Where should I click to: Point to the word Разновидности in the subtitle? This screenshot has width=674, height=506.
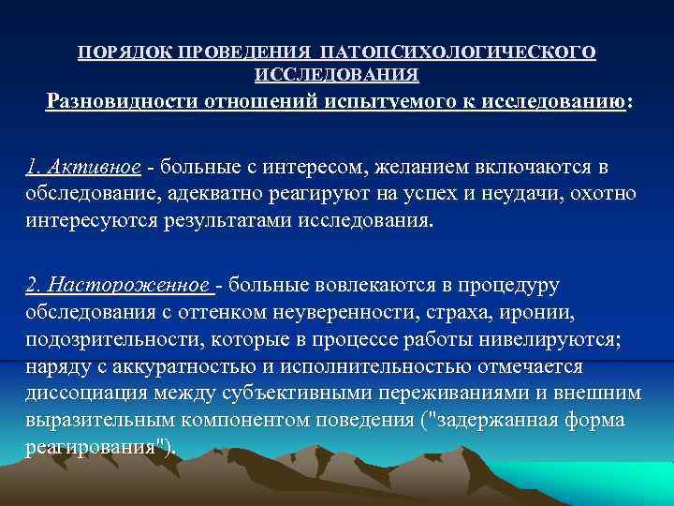tap(125, 100)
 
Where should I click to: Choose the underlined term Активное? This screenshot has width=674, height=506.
tap(99, 168)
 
